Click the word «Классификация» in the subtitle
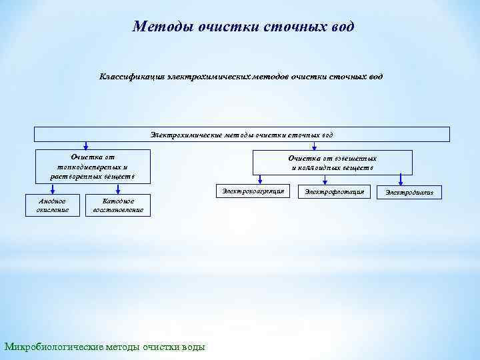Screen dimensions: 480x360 coord(130,77)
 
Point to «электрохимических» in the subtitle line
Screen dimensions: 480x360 coord(204,77)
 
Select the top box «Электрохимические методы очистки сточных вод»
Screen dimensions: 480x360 coord(241,134)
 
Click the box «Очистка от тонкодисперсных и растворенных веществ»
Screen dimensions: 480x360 coord(93,167)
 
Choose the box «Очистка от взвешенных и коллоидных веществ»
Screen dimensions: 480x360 coord(332,163)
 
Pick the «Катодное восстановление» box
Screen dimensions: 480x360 coord(118,205)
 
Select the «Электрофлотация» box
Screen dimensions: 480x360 coord(334,193)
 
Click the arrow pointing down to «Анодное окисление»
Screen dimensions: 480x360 coord(51,189)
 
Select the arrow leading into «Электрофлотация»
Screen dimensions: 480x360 coord(332,179)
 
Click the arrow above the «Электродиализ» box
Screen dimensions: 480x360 coord(400,179)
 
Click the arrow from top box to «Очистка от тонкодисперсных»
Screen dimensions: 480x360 coord(86,145)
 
